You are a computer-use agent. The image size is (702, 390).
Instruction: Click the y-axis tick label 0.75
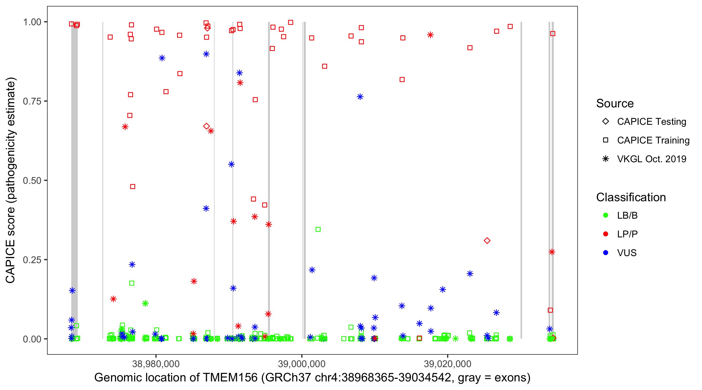32,101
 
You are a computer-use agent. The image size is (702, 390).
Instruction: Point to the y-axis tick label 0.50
32,180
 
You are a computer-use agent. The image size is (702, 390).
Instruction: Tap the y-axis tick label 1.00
32,22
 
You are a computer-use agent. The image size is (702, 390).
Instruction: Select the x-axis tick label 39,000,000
301,364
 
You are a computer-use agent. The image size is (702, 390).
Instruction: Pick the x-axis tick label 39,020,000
447,364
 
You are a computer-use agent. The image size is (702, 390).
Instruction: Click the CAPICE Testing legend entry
651,122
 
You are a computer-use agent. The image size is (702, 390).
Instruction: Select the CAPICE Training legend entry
653,140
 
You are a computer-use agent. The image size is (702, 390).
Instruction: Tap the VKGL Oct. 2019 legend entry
651,159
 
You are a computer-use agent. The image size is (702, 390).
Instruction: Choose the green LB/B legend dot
606,215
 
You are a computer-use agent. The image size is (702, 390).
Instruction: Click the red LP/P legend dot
606,234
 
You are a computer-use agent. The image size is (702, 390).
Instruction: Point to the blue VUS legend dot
606,253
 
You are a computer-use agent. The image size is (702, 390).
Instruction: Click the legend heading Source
615,103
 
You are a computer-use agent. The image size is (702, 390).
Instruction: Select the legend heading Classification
631,197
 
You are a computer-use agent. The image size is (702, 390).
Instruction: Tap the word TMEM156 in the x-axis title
230,378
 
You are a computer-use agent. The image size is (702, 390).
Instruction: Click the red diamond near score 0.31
487,241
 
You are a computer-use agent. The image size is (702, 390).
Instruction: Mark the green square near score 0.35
318,230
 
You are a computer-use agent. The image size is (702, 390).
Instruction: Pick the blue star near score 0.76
360,97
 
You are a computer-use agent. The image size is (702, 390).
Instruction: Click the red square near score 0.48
132,187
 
